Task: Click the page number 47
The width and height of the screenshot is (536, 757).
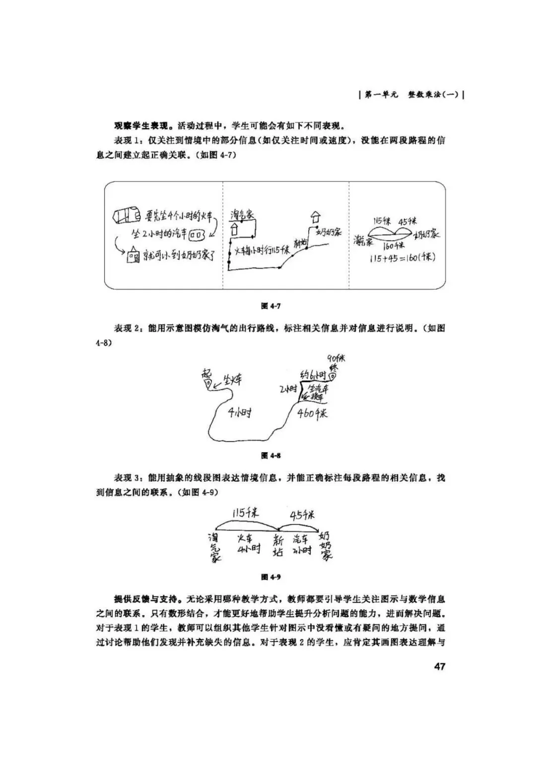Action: coord(439,666)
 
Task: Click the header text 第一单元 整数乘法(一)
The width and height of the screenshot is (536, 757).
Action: coord(412,95)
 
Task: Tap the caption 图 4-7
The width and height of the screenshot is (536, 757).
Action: coord(271,306)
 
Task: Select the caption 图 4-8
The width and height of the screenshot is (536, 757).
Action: coord(271,455)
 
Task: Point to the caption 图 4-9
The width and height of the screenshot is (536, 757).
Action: coord(271,577)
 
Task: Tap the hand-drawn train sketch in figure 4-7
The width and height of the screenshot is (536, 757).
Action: coord(128,216)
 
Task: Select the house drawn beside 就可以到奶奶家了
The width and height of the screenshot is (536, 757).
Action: coord(133,256)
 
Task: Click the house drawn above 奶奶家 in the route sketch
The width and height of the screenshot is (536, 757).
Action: coord(314,217)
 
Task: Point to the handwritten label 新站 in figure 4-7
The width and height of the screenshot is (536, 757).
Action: coord(300,243)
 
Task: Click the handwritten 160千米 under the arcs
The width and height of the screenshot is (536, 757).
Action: coord(395,245)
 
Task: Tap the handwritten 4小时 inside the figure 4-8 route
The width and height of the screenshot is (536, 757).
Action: coord(239,412)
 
